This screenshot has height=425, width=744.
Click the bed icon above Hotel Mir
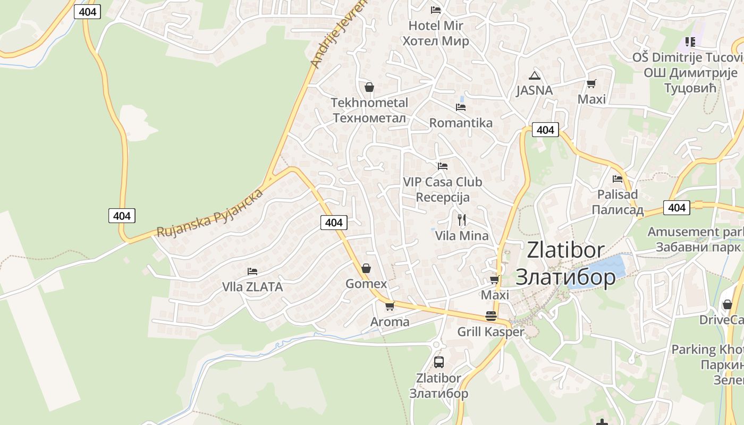(x=436, y=10)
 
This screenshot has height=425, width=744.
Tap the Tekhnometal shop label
(x=369, y=110)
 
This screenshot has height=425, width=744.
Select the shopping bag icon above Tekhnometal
(x=369, y=87)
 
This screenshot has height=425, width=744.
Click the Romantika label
(x=461, y=123)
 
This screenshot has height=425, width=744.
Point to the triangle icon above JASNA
(x=535, y=76)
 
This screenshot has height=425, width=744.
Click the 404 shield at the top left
(x=87, y=12)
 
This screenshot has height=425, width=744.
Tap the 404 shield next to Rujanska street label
(x=122, y=216)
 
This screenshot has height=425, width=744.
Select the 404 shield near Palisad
(x=677, y=208)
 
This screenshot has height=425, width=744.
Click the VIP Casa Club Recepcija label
(x=443, y=189)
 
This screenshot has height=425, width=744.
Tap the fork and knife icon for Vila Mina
(x=462, y=219)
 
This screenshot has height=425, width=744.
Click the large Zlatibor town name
(x=566, y=263)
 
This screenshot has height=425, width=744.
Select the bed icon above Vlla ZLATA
(x=252, y=271)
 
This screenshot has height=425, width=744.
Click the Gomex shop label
(x=366, y=284)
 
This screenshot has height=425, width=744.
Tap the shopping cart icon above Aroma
(x=390, y=306)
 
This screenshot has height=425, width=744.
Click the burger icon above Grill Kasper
(x=491, y=316)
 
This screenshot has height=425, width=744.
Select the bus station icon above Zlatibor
(x=439, y=362)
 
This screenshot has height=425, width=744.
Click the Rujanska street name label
(x=210, y=213)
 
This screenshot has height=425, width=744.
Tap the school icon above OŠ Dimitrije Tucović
(x=690, y=41)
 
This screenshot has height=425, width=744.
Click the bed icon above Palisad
(x=618, y=179)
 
